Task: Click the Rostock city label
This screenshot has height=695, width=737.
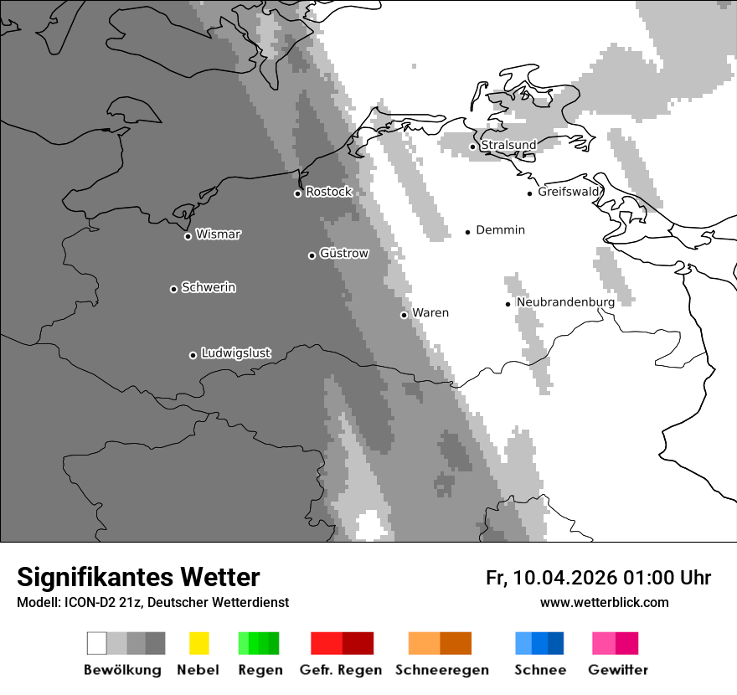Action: click(328, 192)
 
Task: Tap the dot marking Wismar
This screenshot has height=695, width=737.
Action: click(188, 236)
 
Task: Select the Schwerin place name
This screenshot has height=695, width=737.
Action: click(209, 287)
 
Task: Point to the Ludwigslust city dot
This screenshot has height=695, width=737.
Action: click(193, 355)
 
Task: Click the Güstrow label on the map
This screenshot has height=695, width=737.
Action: click(344, 253)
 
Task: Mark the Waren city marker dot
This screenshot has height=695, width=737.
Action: click(404, 315)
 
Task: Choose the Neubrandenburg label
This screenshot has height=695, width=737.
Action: click(565, 302)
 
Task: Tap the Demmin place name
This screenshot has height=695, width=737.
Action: click(500, 229)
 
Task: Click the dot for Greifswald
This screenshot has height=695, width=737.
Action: click(529, 193)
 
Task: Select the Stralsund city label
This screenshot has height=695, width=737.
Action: click(508, 145)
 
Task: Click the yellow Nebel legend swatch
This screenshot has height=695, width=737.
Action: click(198, 643)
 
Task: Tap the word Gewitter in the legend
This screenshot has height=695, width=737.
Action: click(618, 670)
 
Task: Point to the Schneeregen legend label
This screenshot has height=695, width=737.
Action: click(441, 670)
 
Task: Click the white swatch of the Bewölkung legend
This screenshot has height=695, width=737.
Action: click(97, 643)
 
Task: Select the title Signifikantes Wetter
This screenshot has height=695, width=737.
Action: click(138, 577)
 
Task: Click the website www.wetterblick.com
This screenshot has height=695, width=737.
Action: click(604, 602)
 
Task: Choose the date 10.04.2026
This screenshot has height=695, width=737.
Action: click(564, 578)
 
